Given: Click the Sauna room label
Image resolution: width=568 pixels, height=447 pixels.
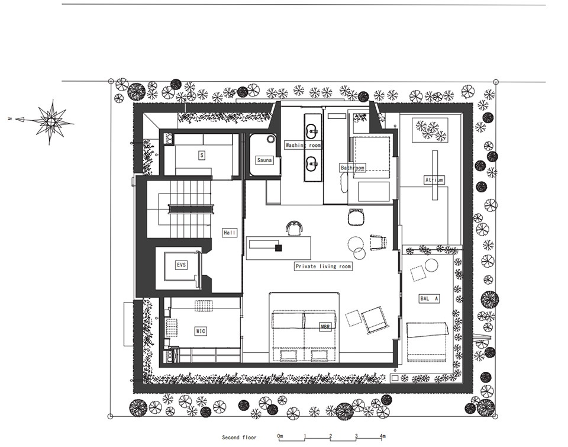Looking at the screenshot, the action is click(x=264, y=160).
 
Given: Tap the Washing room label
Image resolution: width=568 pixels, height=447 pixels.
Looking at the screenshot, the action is click(x=303, y=145).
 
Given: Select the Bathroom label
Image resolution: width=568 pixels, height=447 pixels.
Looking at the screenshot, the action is click(x=353, y=168).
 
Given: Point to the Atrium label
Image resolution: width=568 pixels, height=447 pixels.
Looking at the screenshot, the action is click(x=434, y=180).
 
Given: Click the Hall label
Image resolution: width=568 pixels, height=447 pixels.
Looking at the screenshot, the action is click(x=230, y=233).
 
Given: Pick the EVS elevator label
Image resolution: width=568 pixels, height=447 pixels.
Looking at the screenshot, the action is click(x=181, y=265).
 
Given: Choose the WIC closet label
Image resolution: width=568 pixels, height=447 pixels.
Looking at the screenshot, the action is click(x=201, y=331).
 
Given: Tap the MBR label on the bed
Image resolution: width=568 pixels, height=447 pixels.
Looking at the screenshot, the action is click(x=325, y=327).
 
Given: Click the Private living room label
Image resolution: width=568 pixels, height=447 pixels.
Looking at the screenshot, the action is click(x=323, y=266).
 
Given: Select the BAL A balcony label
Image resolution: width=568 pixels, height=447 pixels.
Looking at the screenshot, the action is click(x=430, y=299).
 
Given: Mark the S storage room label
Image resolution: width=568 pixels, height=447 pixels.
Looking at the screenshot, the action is click(x=202, y=156).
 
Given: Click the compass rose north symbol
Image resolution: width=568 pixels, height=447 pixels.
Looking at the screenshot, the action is click(x=51, y=121).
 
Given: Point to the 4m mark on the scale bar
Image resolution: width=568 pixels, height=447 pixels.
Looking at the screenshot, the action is click(x=382, y=436).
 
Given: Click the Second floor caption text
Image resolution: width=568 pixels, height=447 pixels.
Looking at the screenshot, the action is click(x=239, y=437).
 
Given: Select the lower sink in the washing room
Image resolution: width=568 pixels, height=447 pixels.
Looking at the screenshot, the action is click(x=312, y=163).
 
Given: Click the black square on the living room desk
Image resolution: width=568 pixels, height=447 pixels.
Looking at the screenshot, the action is click(x=278, y=248).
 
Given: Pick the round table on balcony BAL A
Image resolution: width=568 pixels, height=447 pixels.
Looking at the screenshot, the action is click(x=432, y=265).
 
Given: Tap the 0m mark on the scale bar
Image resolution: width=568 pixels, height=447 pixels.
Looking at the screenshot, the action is click(x=280, y=436).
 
